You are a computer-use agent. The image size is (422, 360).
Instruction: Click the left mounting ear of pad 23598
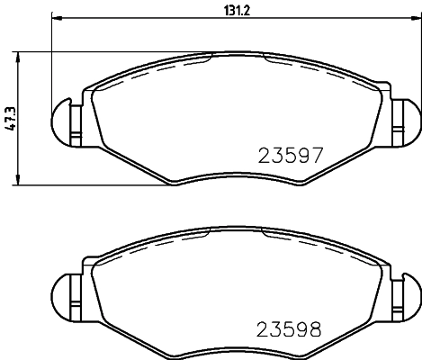[x=65, y=293]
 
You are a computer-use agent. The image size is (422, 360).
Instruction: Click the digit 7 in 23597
[x=315, y=154]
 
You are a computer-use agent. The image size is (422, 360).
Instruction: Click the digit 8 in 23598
[x=315, y=328]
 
